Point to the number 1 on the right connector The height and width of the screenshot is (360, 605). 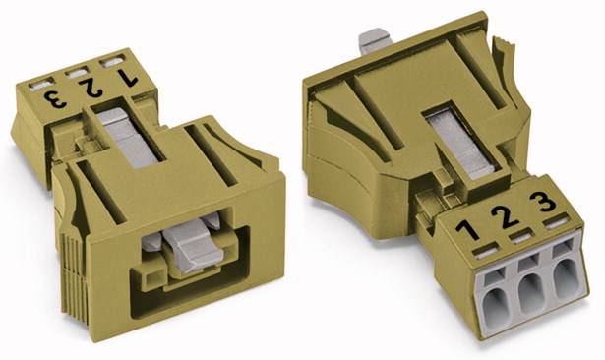pyautogui.click(x=468, y=230)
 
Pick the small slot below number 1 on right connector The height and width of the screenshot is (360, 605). pyautogui.click(x=484, y=251)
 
